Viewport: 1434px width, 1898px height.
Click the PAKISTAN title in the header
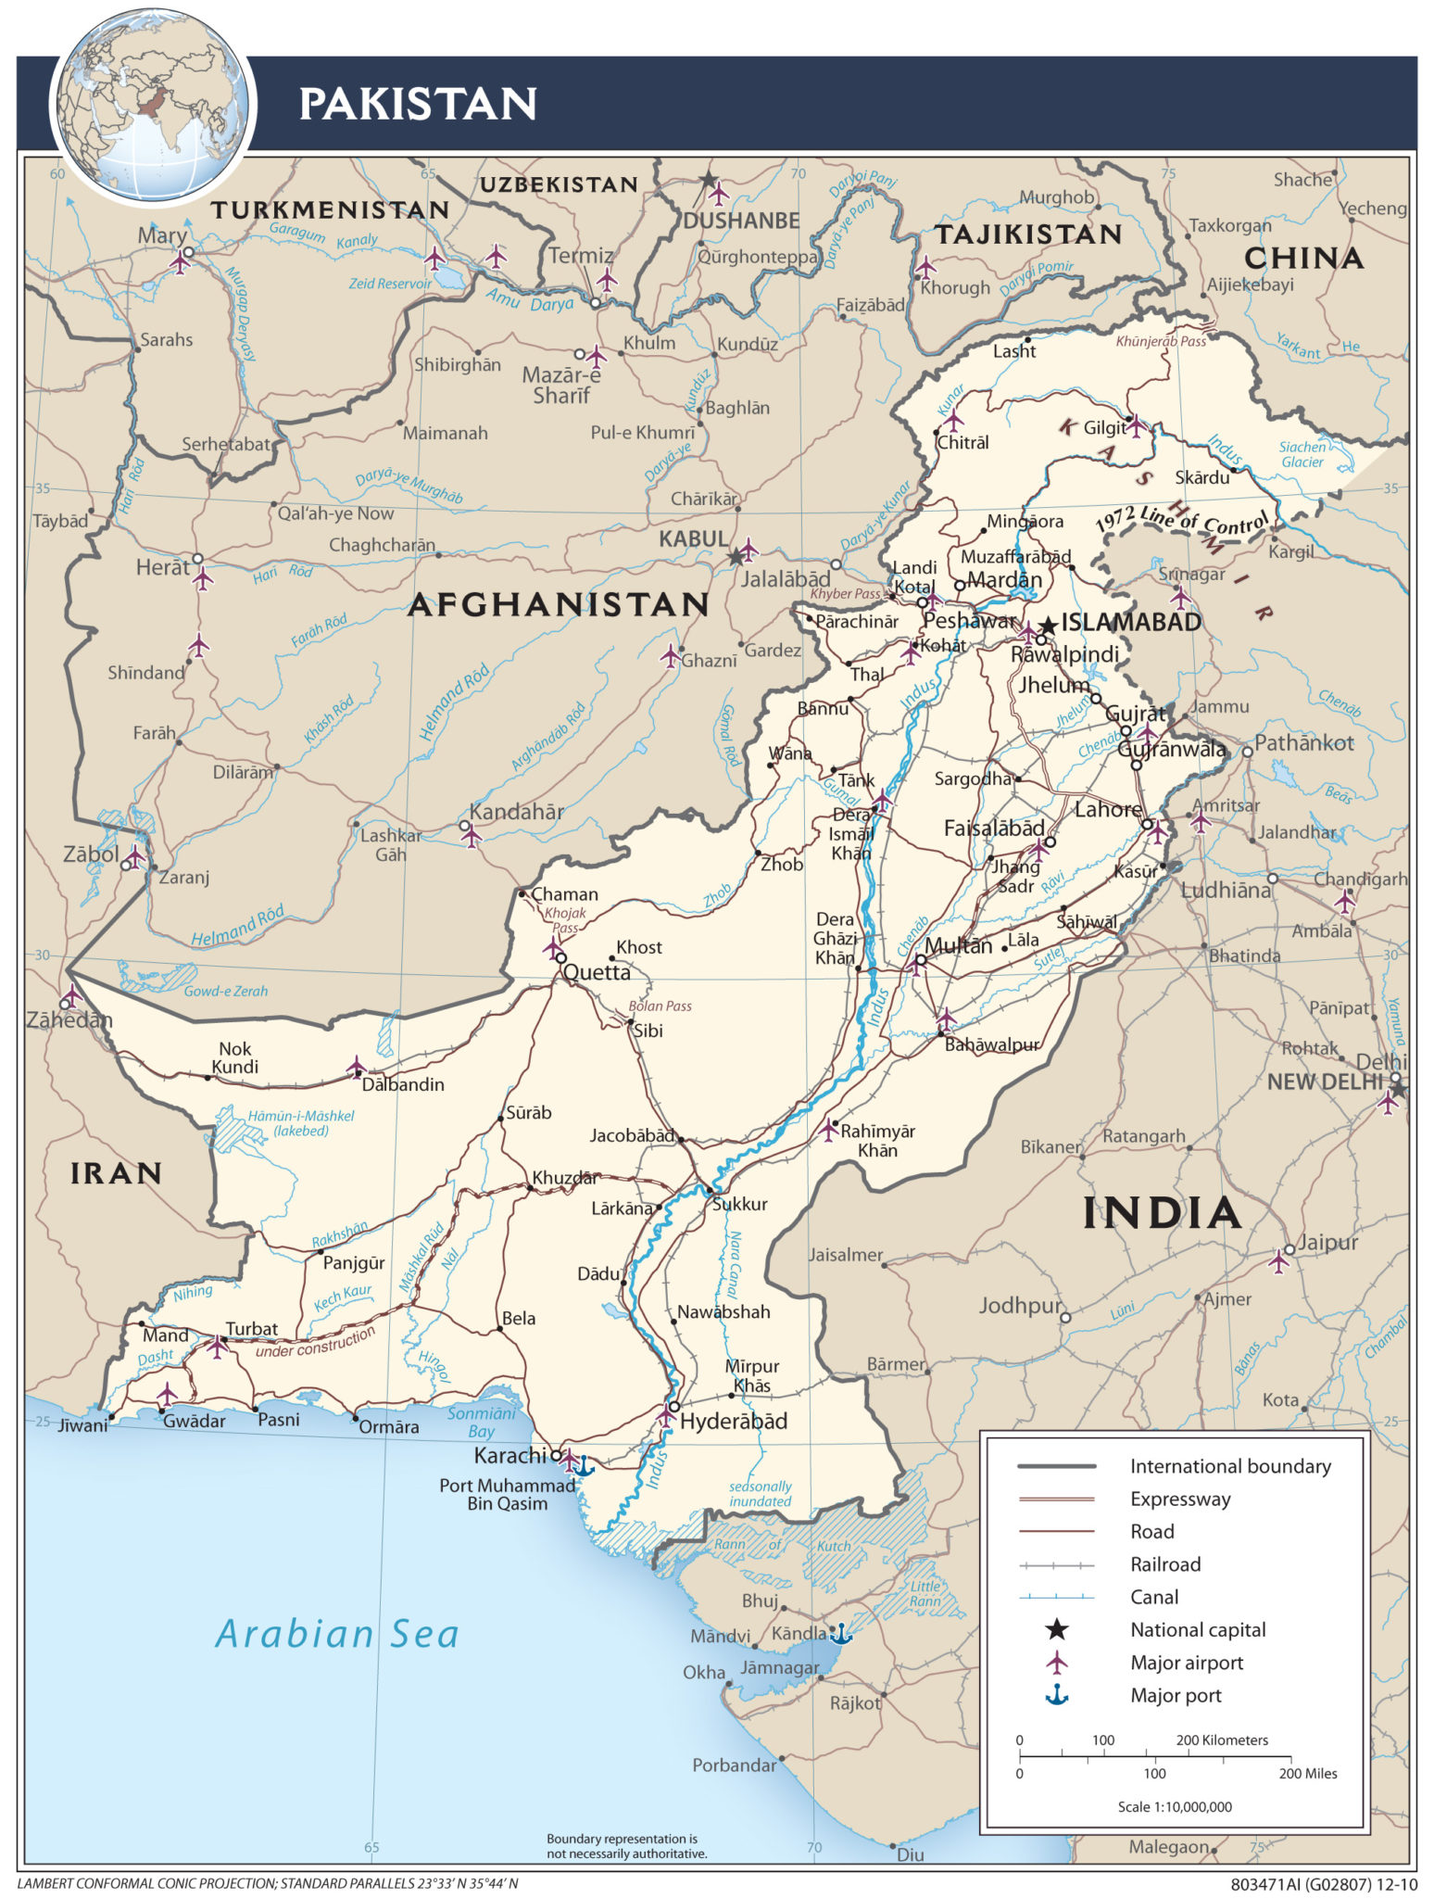(418, 104)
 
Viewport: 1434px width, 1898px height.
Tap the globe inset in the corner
(154, 104)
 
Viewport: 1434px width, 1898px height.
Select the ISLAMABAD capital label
(1130, 622)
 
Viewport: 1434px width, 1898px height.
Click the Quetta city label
(597, 972)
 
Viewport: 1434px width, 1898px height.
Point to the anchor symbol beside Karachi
(583, 1466)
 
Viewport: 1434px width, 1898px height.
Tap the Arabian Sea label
(337, 1634)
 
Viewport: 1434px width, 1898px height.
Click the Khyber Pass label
(845, 594)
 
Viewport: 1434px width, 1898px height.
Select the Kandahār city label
(516, 812)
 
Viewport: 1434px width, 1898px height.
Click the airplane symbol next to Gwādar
(167, 1394)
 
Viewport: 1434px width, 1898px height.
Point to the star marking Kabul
(736, 557)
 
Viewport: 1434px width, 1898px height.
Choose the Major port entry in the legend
(1175, 1695)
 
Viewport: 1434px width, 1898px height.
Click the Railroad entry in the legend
(1164, 1564)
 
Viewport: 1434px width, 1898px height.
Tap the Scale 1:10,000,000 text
(1174, 1805)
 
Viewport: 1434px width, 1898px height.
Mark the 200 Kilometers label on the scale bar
(1221, 1740)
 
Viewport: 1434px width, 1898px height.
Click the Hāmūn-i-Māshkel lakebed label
(300, 1122)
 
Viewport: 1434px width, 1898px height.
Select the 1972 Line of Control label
(1181, 523)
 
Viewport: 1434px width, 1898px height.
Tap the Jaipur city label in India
(1327, 1242)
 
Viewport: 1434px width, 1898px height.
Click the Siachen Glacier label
(1302, 454)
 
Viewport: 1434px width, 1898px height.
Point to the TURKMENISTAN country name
(330, 210)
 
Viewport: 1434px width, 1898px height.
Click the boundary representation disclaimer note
(626, 1846)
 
